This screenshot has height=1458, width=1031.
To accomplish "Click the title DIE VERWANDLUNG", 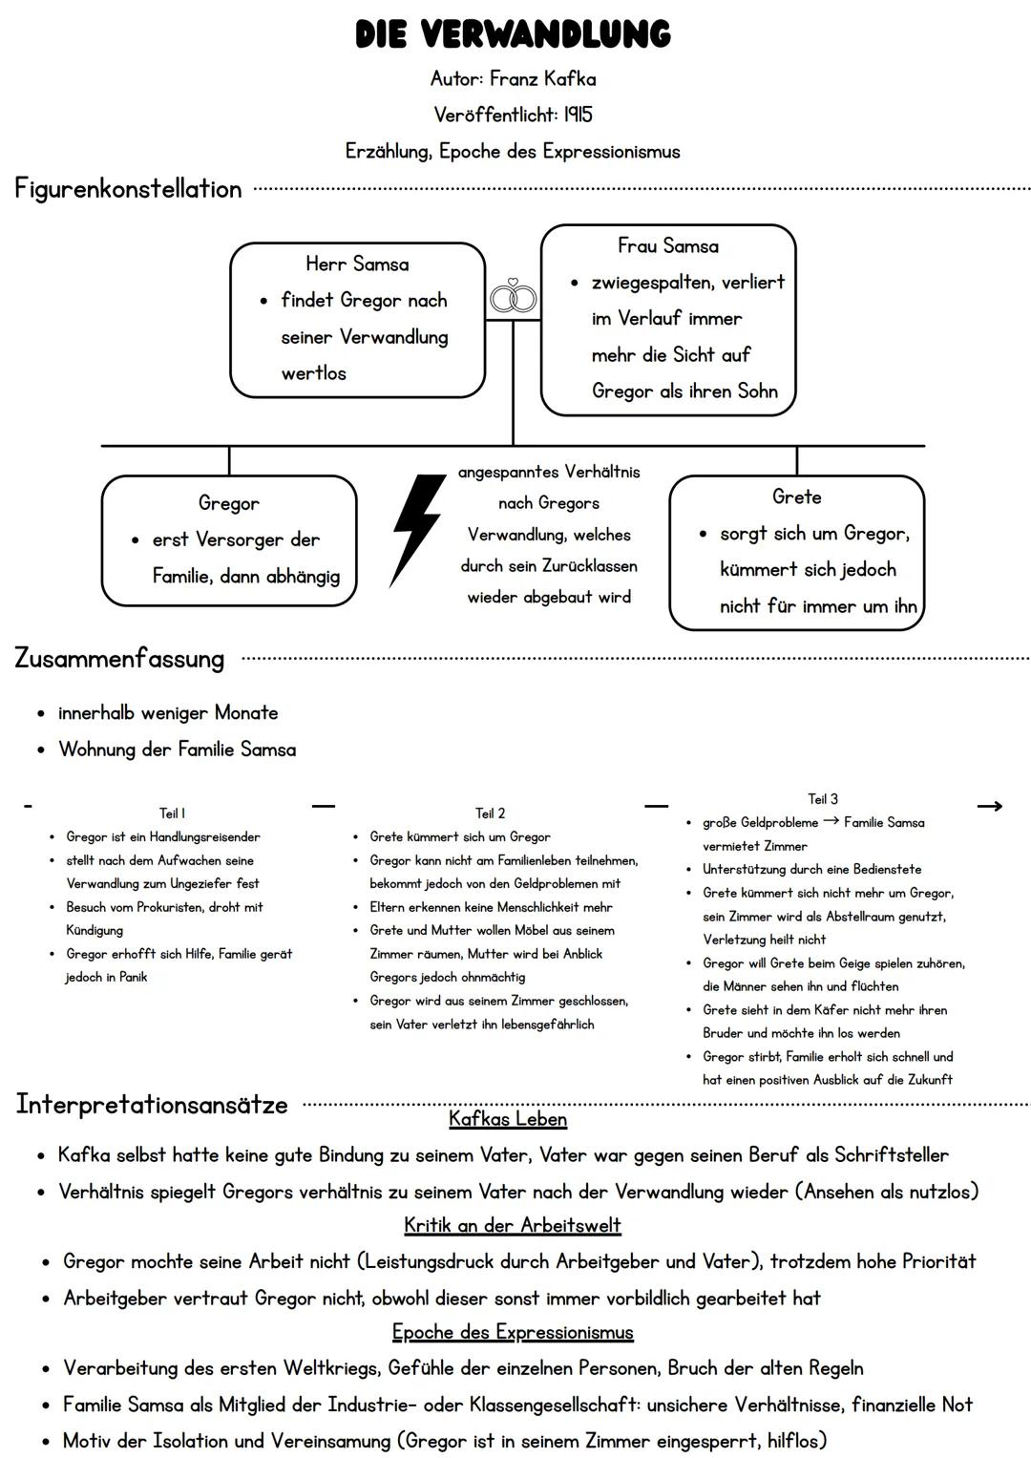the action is (x=513, y=33).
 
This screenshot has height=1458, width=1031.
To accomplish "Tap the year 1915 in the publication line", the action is (x=578, y=115).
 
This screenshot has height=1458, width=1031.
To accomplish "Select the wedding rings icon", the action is (x=513, y=296).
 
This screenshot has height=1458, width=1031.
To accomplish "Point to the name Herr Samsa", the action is (x=357, y=264).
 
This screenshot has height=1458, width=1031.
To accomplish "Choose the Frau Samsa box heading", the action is (x=668, y=245).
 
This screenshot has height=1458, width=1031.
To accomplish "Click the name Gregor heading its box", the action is (x=228, y=503).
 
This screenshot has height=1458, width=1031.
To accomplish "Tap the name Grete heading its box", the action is (x=797, y=497).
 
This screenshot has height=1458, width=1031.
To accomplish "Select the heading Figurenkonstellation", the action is (x=128, y=189).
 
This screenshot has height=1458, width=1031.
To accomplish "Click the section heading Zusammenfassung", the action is (x=119, y=659).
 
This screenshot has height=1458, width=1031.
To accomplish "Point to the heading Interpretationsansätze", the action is (x=152, y=1105).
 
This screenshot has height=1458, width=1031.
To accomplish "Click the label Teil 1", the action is (x=172, y=813).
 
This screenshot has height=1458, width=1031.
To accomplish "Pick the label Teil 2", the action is (x=490, y=813).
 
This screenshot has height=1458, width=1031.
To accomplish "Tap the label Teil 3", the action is (x=823, y=798).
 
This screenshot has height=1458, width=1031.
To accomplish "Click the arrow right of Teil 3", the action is (x=990, y=807).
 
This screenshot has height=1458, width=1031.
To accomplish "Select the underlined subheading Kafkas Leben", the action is (x=508, y=1119).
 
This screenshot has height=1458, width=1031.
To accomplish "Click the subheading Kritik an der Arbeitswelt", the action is (x=513, y=1225).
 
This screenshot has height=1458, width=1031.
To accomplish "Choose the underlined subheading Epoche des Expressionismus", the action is (x=513, y=1332).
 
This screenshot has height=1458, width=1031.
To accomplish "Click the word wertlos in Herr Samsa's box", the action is (x=314, y=373).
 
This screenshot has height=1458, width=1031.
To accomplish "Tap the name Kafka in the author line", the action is (x=570, y=78).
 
